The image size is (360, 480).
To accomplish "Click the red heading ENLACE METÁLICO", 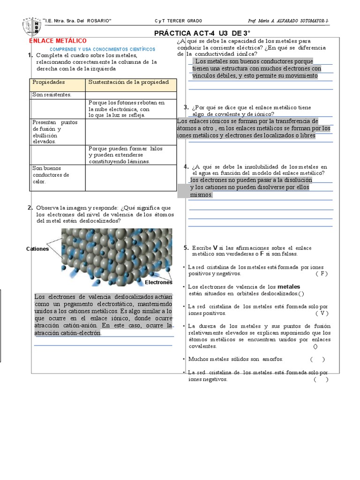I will click(x=58, y=41).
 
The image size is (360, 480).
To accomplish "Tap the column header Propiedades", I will click(x=49, y=82).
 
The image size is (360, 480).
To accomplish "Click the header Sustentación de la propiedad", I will click(x=128, y=82).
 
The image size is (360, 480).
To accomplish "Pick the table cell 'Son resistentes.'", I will click(x=52, y=95).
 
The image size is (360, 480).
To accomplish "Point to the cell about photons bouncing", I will click(x=127, y=109).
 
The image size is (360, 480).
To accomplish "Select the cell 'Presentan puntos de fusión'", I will click(x=55, y=132).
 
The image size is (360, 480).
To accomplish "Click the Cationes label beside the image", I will click(x=37, y=249).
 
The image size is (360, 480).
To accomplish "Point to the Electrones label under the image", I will click(x=158, y=283).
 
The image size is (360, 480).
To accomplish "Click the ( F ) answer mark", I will click(x=322, y=273).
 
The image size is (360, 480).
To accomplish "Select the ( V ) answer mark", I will click(x=322, y=313).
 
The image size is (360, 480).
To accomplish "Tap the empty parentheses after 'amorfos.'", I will click(x=317, y=359).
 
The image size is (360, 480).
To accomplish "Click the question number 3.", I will click(x=187, y=107).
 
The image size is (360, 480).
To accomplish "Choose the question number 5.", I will click(x=186, y=247).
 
